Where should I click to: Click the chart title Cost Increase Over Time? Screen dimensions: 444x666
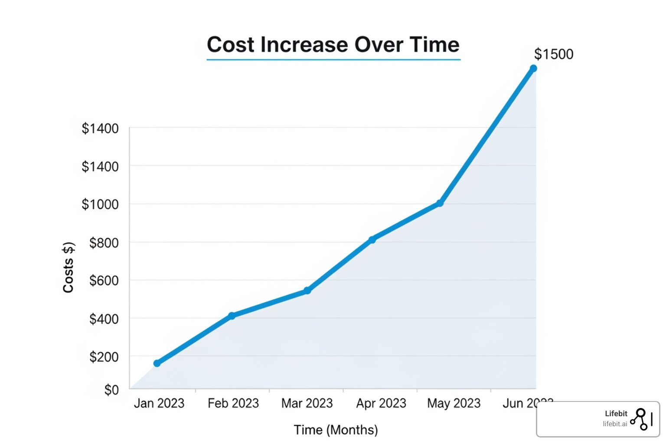point(333,45)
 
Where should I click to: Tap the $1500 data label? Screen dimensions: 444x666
point(553,54)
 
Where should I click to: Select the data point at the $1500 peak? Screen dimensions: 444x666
point(533,69)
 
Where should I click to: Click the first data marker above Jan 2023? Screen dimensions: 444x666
point(157,363)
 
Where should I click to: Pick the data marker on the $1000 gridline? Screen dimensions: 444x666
point(440,203)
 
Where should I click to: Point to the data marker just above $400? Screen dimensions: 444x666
point(232,316)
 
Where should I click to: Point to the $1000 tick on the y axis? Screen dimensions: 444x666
point(100,204)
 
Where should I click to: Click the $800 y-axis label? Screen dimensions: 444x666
point(104,243)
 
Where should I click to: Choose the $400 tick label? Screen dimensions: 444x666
point(104,319)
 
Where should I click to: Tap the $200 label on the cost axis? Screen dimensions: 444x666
point(104,357)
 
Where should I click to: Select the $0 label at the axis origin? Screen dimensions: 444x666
point(111,390)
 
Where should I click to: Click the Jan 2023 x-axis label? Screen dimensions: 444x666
point(159,403)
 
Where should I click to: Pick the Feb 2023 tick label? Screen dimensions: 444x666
point(233,403)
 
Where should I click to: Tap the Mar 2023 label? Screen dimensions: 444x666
point(307,403)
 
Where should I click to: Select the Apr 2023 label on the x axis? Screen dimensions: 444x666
point(381,403)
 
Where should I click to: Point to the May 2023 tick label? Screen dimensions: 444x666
point(454,403)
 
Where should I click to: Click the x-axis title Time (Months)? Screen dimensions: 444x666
point(336,430)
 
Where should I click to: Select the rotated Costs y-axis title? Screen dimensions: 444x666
point(69,268)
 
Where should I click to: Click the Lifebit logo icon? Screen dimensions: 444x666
point(640,419)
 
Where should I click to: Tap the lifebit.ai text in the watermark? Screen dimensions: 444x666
point(615,424)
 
